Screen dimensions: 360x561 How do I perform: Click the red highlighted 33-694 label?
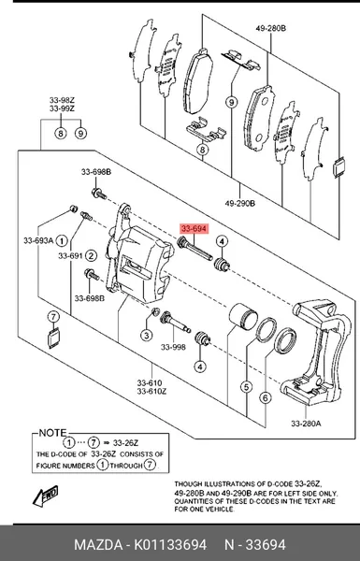[194, 229]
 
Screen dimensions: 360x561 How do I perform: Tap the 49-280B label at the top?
[270, 28]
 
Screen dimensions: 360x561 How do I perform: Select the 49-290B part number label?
[239, 204]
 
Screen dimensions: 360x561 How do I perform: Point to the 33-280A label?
[306, 424]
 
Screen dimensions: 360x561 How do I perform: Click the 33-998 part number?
[173, 347]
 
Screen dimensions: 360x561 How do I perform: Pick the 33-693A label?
[38, 241]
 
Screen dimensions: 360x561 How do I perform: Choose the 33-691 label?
[70, 256]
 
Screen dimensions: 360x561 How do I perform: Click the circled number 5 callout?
[247, 387]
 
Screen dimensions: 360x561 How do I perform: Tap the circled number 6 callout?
[266, 397]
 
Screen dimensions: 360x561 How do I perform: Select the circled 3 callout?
[146, 336]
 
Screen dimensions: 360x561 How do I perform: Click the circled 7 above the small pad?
[53, 317]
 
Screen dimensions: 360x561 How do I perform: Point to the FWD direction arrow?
[46, 496]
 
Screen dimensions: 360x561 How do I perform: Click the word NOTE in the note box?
[52, 433]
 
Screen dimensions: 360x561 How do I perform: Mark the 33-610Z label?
[151, 392]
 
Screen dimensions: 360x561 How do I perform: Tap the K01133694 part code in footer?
[170, 545]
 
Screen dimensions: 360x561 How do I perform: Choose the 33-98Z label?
[62, 100]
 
